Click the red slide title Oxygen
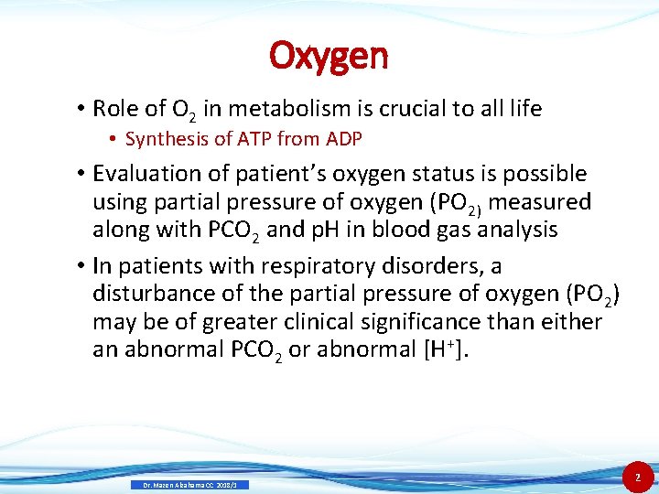329,56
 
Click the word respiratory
308,266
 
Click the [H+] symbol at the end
442,349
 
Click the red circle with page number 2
636,476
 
